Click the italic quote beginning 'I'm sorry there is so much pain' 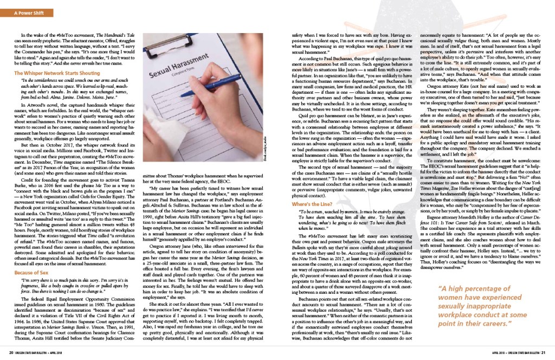[x=73, y=292]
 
